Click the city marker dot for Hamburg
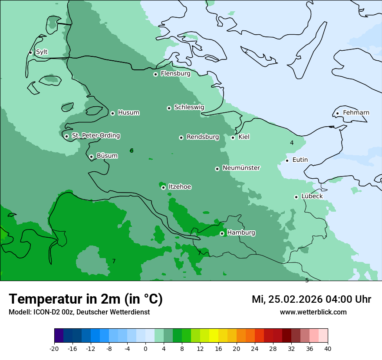222,233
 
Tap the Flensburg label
175,74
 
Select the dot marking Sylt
30,52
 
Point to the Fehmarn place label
356,113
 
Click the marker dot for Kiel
233,137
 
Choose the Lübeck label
312,196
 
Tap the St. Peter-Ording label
95,136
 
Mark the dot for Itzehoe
163,187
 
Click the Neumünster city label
241,168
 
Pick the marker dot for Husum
112,113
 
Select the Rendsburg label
203,137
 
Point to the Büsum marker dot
91,157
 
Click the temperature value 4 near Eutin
292,143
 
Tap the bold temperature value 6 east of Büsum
132,151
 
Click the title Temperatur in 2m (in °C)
86,299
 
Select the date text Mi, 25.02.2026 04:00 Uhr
311,299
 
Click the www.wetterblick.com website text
313,312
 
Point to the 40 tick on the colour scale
328,349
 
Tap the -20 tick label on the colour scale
54,349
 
